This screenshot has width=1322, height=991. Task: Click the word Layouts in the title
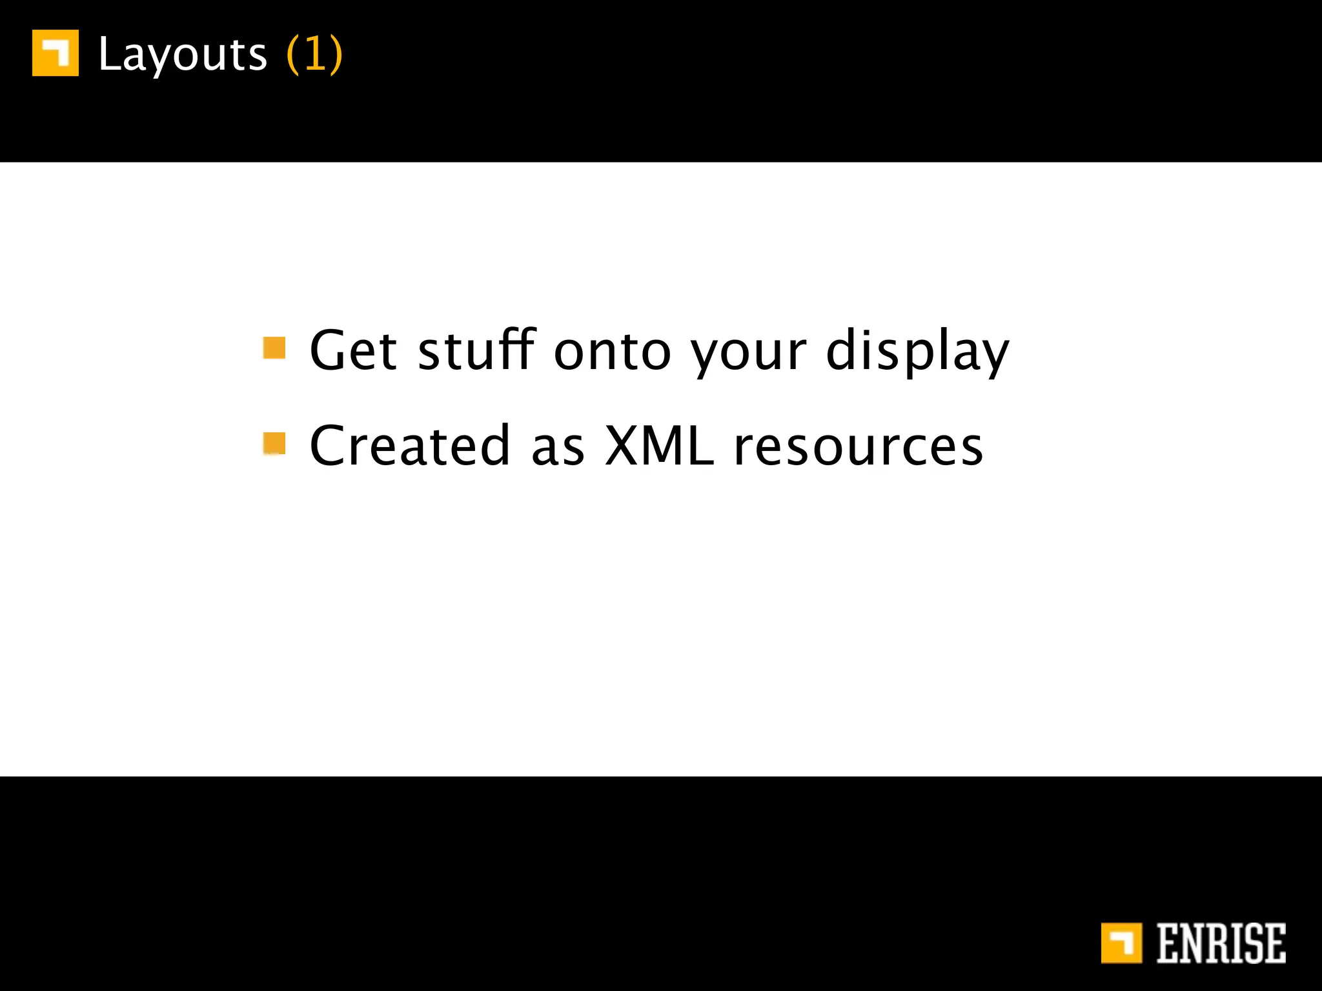[x=182, y=54]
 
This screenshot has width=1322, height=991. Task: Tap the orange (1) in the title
[x=314, y=54]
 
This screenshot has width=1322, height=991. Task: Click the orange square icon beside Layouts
[x=56, y=53]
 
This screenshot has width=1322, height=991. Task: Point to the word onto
[x=613, y=352]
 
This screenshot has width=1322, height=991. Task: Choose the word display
[x=917, y=352]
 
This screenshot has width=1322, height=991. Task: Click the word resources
[x=859, y=447]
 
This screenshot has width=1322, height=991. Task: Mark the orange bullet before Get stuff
[x=274, y=348]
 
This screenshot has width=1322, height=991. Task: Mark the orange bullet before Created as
[x=274, y=443]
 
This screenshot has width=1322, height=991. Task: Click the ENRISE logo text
[x=1221, y=943]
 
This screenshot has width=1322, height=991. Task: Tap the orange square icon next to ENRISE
[x=1121, y=943]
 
